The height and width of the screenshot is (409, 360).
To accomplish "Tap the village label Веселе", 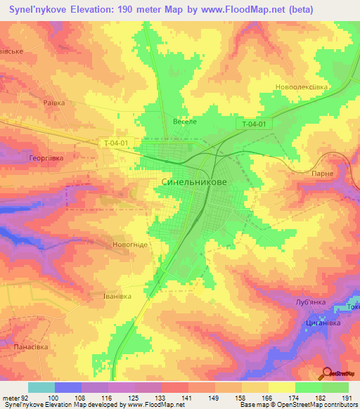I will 184,122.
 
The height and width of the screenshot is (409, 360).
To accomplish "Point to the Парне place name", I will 321,172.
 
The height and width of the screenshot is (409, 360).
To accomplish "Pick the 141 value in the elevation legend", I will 188,398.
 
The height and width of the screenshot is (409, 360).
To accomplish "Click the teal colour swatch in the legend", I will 41,387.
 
